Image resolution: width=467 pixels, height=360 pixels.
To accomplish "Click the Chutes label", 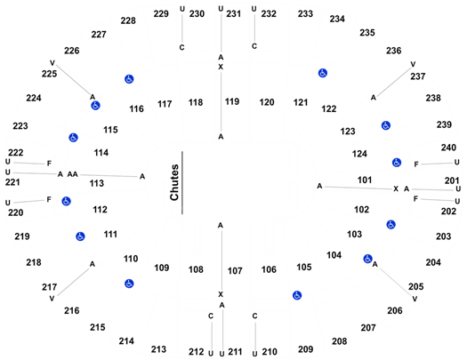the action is (x=174, y=182).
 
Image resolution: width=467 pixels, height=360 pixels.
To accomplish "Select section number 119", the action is (x=232, y=101).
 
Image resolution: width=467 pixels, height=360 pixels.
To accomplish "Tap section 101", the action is (x=365, y=180).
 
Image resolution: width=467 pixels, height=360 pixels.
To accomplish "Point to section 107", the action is (x=235, y=271).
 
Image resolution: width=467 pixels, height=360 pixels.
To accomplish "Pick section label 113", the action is (x=97, y=183).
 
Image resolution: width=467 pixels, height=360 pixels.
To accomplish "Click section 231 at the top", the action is (x=233, y=13).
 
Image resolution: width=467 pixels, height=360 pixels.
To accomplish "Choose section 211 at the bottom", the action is (x=236, y=352).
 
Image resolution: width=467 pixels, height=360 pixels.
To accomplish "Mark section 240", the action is (x=448, y=148).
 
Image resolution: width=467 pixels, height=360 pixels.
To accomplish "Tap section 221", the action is (x=12, y=182).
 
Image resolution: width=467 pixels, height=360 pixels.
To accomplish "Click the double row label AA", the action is (x=72, y=174).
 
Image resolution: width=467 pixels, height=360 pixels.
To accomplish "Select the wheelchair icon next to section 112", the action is (x=66, y=202).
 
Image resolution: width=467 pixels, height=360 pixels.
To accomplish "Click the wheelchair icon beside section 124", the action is (x=397, y=163).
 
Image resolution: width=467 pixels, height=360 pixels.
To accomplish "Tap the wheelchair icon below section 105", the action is (x=297, y=295).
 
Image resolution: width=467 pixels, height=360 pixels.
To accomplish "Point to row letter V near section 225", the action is (x=52, y=63).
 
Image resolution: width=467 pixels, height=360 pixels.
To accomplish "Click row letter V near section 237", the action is (x=413, y=64).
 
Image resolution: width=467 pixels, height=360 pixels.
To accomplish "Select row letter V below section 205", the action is (x=415, y=299).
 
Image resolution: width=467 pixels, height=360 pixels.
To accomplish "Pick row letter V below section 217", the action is (x=52, y=299).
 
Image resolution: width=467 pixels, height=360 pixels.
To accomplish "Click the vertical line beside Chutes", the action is (x=182, y=183).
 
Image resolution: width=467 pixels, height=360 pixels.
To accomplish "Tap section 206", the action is (x=395, y=310).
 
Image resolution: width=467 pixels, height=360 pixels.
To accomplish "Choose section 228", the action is (x=128, y=20).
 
